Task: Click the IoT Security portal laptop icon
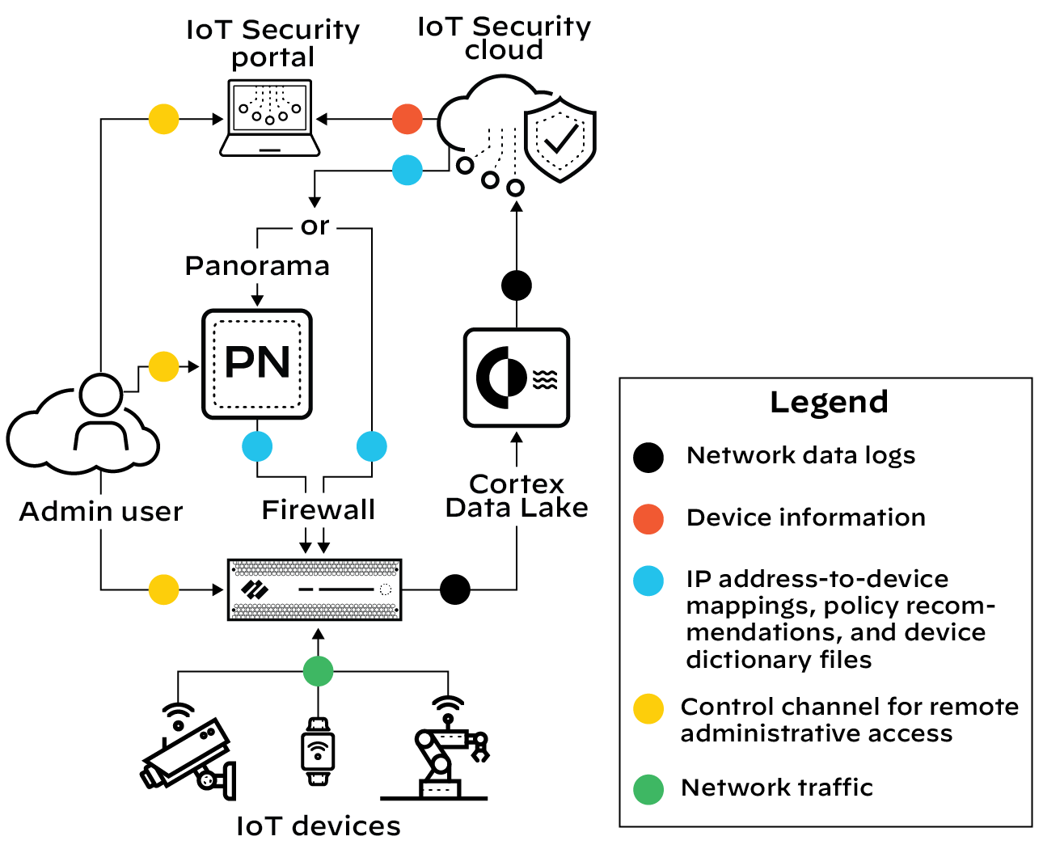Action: pos(270,117)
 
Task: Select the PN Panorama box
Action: pos(257,364)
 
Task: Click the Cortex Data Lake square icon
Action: pos(517,378)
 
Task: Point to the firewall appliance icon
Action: pos(315,589)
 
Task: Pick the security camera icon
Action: pos(188,755)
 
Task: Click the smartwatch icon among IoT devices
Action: pos(318,751)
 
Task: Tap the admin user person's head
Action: pos(101,395)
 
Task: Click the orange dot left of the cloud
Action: pos(407,119)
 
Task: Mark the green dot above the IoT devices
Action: pos(318,671)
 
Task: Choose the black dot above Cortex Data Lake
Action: pos(517,285)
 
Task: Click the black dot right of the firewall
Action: pos(455,589)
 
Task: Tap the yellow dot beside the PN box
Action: pos(163,367)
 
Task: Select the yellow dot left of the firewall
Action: pos(163,589)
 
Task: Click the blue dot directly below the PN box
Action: pos(257,446)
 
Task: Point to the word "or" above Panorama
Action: pos(315,226)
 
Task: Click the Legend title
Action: pos(829,402)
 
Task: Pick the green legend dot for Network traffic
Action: pos(648,789)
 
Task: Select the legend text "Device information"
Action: pos(805,517)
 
